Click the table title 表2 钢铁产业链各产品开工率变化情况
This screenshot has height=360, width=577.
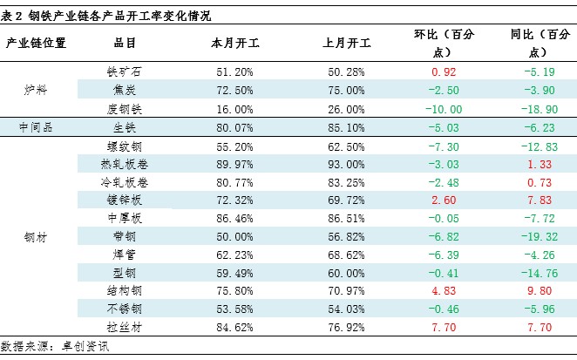106,16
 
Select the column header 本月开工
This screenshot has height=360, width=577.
233,43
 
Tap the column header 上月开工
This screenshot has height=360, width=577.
347,43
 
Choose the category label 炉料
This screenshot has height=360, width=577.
36,89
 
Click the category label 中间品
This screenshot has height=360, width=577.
36,126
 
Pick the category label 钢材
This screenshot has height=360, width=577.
36,236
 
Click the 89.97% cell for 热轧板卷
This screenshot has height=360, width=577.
233,163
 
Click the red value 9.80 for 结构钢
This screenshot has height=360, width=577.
541,291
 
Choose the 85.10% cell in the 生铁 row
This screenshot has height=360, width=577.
347,126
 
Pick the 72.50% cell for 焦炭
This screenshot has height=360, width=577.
233,89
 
